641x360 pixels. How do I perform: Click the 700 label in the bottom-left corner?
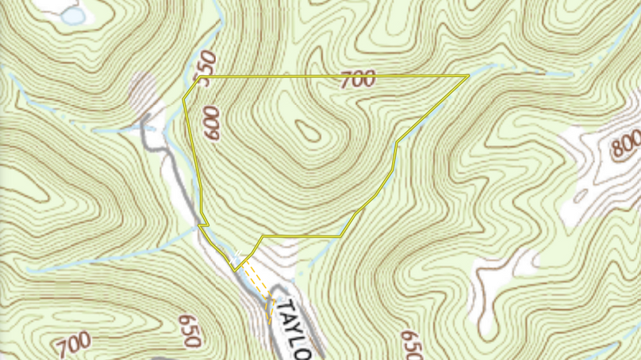[x=73, y=344]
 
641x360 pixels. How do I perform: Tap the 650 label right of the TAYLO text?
[x=409, y=344]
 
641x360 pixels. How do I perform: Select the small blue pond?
[x=73, y=15]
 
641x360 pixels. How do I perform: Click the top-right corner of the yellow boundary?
[x=469, y=76]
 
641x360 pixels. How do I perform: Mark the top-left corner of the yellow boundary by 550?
[x=199, y=77]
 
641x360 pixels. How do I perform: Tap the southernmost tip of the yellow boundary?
[x=235, y=270]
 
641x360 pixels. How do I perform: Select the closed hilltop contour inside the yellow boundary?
[x=306, y=129]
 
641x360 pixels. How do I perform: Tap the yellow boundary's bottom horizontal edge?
[x=301, y=236]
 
